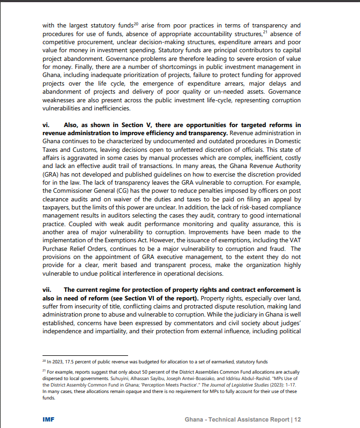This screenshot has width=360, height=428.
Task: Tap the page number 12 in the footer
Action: coord(297,418)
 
